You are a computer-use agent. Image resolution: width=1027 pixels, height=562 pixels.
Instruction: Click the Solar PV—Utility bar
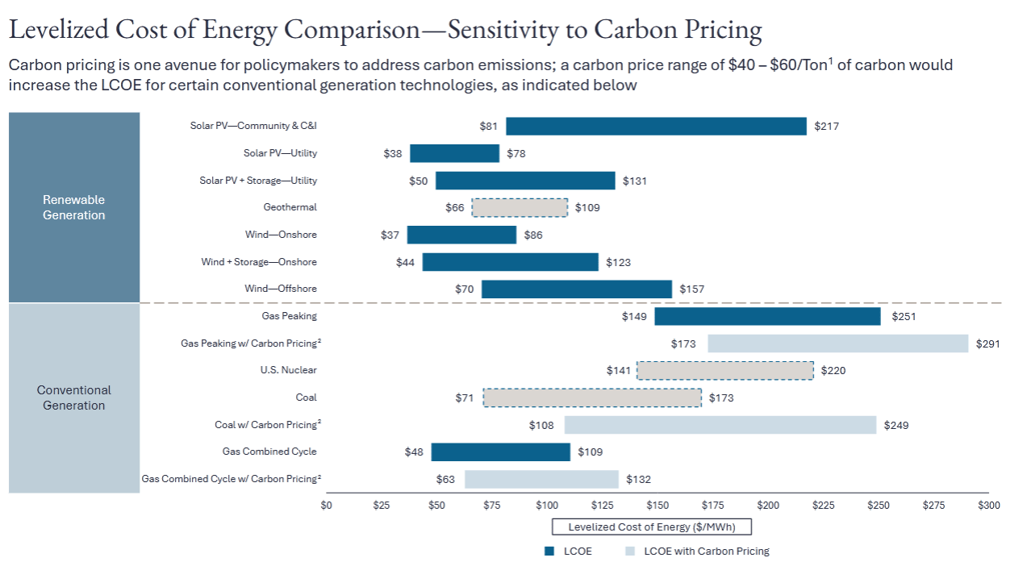click(454, 153)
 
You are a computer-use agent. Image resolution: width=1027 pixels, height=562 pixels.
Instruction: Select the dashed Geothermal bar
click(520, 207)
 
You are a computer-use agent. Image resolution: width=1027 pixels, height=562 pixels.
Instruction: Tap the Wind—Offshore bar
click(576, 289)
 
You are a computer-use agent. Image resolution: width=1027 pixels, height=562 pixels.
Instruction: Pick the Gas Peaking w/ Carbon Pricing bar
click(837, 343)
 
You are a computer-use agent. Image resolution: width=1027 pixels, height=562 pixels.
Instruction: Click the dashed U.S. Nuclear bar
click(725, 370)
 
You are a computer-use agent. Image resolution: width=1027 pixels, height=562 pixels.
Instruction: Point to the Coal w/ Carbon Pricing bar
click(720, 424)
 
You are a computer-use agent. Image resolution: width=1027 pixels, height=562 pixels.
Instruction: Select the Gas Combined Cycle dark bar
click(500, 452)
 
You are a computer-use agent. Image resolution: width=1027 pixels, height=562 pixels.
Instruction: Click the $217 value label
click(827, 127)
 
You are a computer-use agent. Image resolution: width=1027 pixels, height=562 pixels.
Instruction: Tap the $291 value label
click(987, 343)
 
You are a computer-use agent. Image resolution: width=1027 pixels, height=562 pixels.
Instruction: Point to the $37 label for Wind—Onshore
click(390, 235)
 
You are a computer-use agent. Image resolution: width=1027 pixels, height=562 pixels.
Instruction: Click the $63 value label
click(445, 479)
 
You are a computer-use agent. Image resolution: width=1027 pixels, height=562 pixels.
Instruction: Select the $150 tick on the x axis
click(658, 506)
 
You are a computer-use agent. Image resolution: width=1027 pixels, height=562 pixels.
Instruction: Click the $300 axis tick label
click(988, 506)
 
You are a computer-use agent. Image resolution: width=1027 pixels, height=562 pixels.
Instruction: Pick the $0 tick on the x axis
click(326, 506)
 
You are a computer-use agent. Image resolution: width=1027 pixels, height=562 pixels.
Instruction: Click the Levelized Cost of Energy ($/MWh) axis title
click(651, 527)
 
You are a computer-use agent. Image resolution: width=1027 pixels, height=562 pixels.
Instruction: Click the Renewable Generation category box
click(74, 207)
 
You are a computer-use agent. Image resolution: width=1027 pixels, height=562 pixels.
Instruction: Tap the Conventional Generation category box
click(74, 398)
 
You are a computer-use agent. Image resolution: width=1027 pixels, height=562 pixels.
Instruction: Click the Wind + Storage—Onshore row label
click(259, 262)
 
